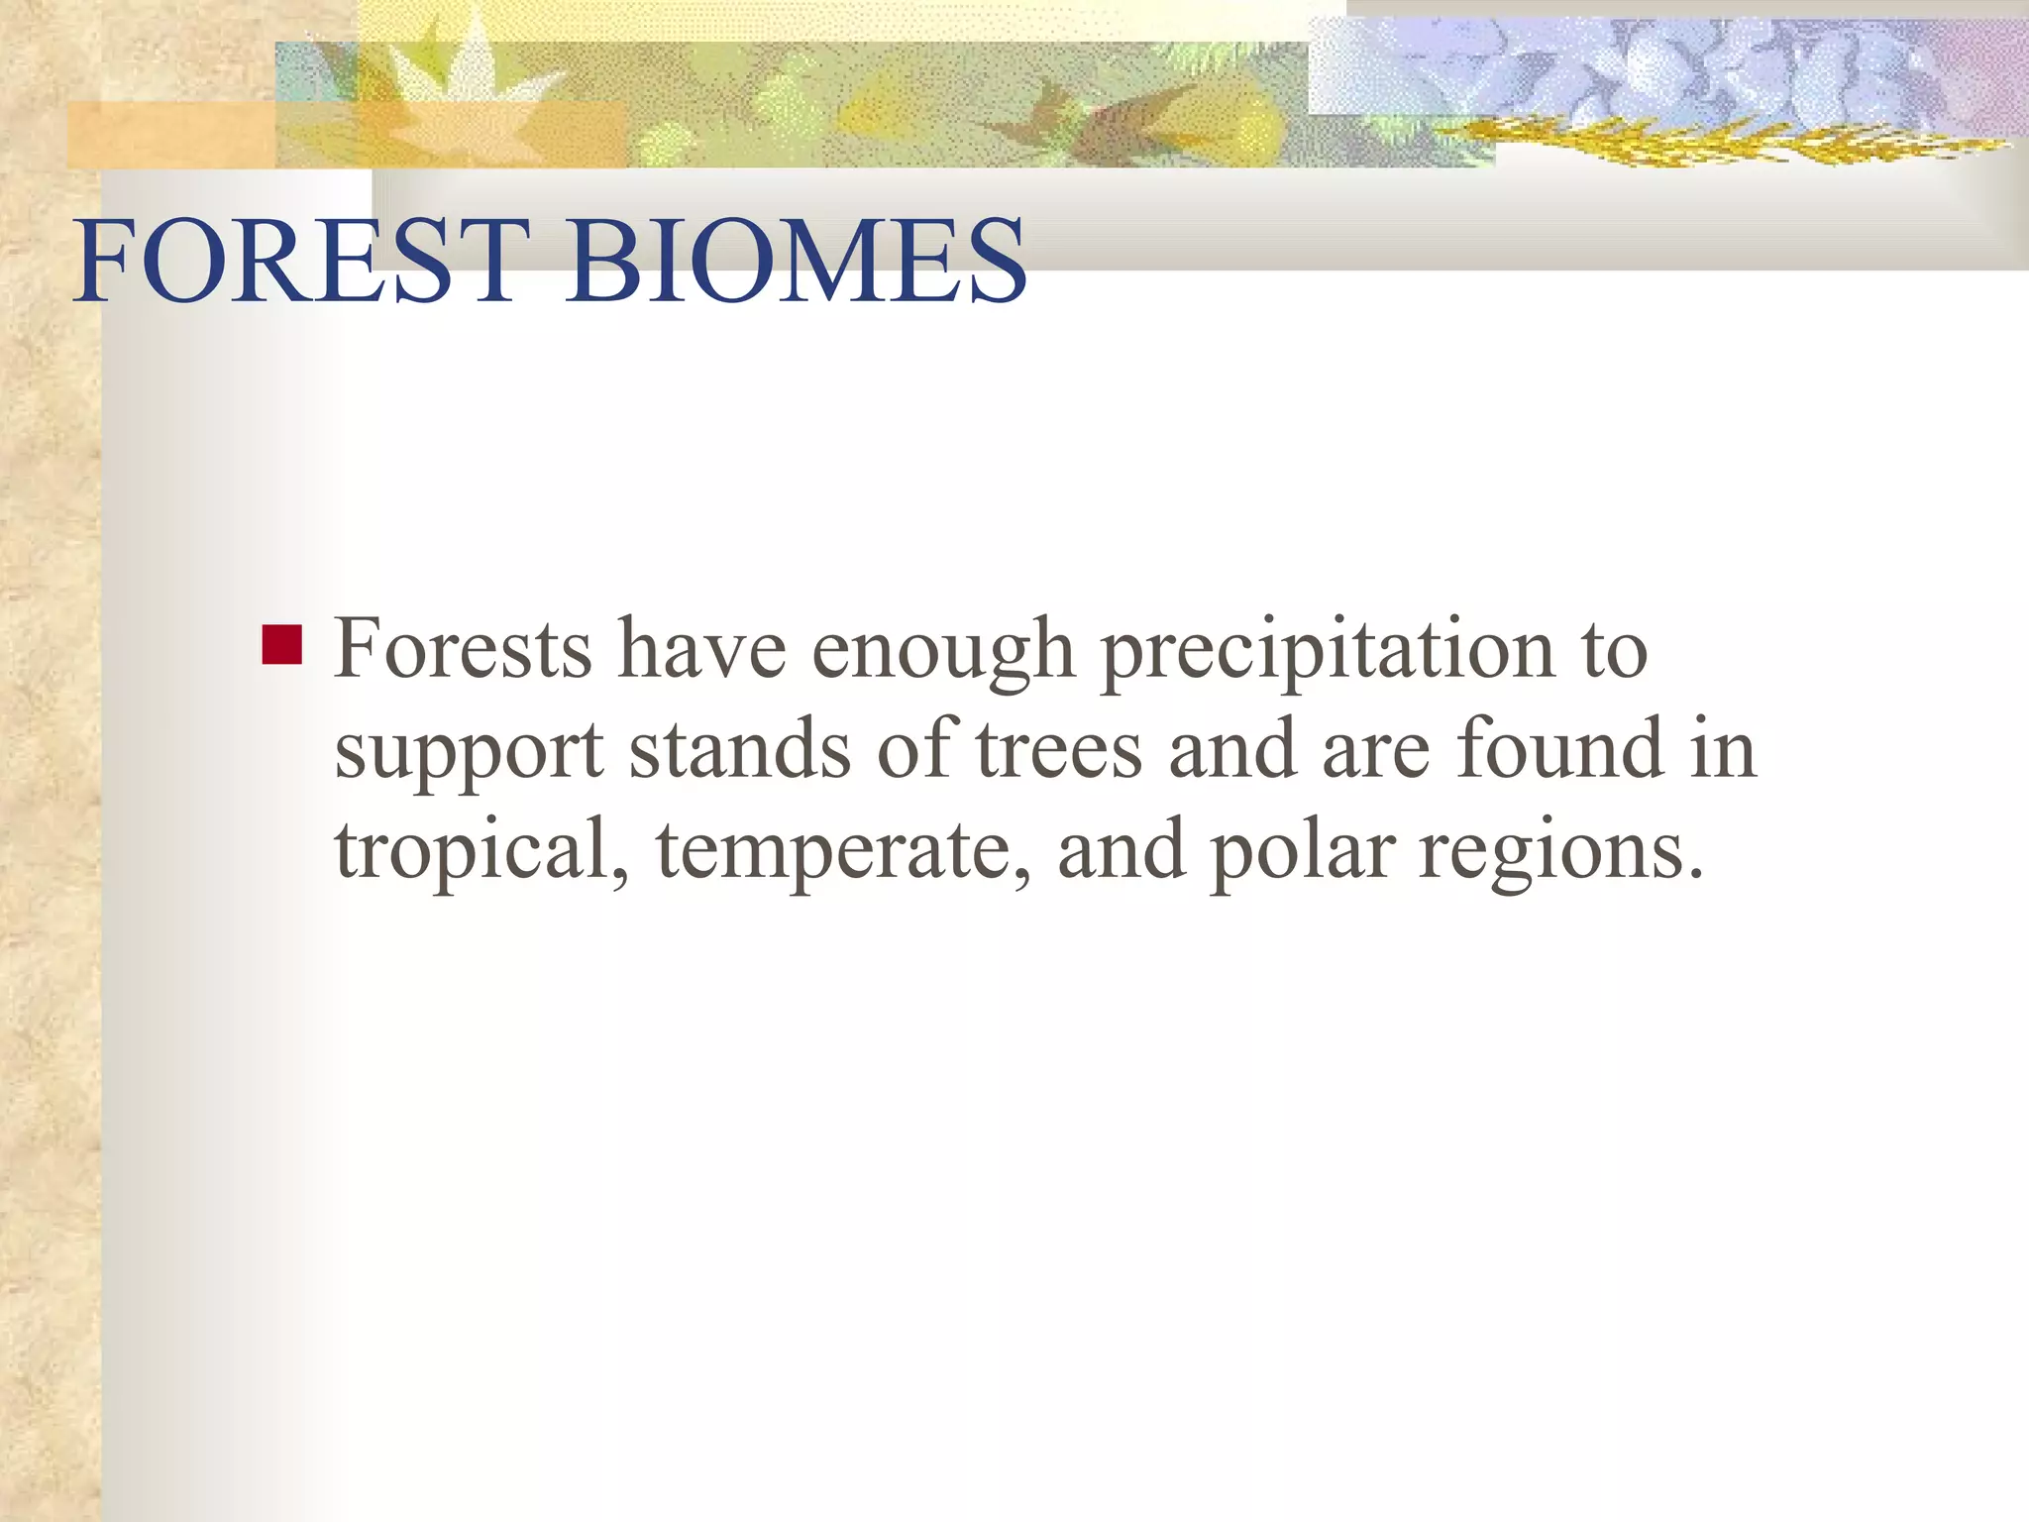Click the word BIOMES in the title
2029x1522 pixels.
797,261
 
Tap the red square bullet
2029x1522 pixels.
281,645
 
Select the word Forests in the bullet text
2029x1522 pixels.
463,649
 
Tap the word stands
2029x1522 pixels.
739,749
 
